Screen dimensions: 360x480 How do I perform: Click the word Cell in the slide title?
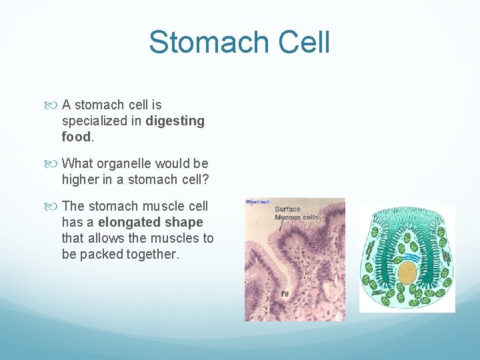(x=303, y=42)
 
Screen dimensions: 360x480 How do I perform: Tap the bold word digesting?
(x=175, y=121)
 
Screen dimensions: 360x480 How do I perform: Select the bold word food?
(x=75, y=137)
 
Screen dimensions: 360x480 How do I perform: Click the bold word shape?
(x=186, y=222)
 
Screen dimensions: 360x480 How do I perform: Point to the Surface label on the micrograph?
(x=288, y=209)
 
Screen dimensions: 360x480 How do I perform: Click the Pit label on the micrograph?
(x=285, y=293)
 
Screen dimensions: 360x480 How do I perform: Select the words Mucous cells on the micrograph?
(x=297, y=217)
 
